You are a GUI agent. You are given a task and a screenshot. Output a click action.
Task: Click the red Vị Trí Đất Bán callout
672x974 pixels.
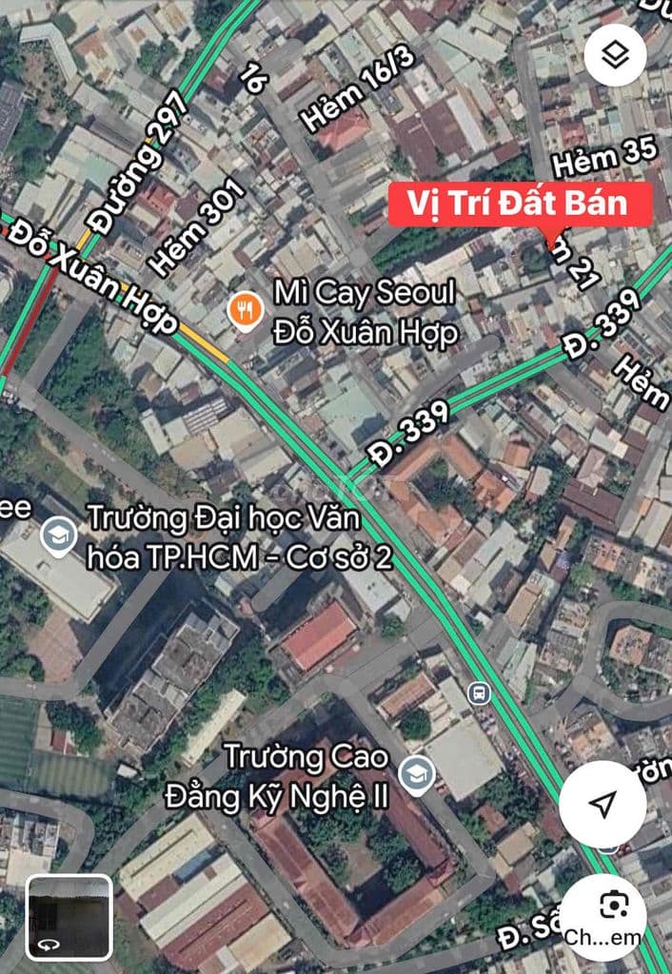[x=521, y=205]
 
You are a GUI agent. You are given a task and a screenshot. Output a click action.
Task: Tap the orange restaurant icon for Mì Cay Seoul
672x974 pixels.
[x=246, y=308]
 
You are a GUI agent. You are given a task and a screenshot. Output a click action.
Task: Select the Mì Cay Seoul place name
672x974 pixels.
[x=366, y=312]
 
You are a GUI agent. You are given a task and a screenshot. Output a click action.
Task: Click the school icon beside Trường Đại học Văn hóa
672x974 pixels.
[x=58, y=537]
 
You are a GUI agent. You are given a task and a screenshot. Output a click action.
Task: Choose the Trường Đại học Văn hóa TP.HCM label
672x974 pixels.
[x=238, y=538]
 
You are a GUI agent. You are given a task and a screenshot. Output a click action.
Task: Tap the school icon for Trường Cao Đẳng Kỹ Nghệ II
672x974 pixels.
[x=416, y=775]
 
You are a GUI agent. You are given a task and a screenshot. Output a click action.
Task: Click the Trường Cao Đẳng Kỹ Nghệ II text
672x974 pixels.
[x=306, y=776]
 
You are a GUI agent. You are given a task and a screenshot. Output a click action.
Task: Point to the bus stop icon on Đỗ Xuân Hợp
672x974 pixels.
[x=479, y=692]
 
